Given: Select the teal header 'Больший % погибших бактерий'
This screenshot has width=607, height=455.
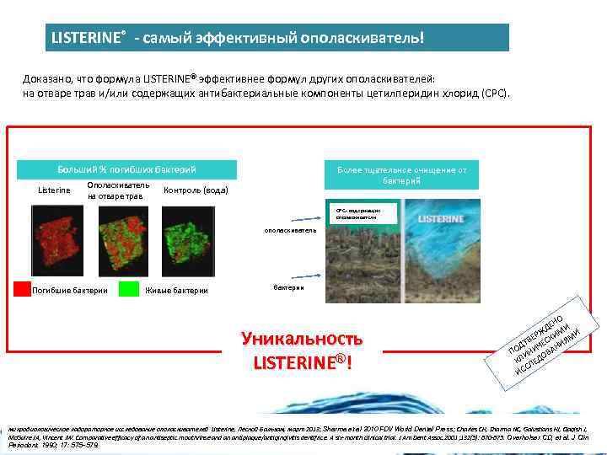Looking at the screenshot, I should coord(126,169).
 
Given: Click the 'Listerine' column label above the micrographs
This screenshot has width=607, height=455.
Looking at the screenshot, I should coord(56,190).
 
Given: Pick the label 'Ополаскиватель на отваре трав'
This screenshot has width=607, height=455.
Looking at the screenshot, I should coord(119,190).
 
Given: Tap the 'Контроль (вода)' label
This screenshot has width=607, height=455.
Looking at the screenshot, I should coord(196,190).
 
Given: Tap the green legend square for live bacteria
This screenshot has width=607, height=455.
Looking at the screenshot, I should coord(128,290).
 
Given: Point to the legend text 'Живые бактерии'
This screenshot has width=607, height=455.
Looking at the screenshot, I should coord(180,291).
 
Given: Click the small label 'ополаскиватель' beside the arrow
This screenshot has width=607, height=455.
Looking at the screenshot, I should coord(290,229).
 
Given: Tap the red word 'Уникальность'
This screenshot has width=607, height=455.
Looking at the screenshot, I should coord(301,339).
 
